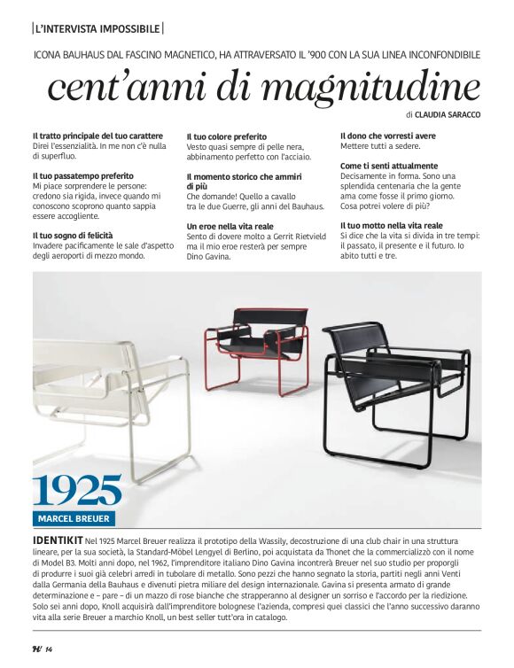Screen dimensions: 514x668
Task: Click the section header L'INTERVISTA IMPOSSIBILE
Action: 97,28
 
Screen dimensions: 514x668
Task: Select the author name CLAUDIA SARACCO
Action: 450,115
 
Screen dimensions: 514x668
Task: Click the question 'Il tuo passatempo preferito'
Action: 82,176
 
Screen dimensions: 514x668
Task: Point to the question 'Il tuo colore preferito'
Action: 226,136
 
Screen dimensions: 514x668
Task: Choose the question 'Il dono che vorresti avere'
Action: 388,136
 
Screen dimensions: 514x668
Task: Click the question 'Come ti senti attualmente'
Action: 389,166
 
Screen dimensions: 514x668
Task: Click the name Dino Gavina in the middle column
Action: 208,257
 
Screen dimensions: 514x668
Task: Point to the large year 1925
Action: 78,490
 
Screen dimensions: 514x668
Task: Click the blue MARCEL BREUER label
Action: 74,517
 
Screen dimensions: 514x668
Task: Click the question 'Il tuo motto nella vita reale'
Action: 391,226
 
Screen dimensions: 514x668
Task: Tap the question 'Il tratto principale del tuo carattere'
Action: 97,136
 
